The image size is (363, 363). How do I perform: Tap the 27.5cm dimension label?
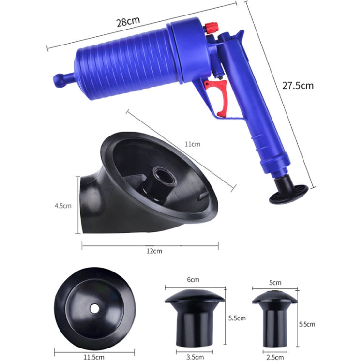298,85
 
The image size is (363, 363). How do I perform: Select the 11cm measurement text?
192,144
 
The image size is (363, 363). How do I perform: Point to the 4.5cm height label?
63,205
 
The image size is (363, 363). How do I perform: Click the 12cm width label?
154,251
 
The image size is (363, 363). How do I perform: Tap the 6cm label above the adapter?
193,279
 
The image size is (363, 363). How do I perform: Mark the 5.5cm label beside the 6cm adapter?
237,318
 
